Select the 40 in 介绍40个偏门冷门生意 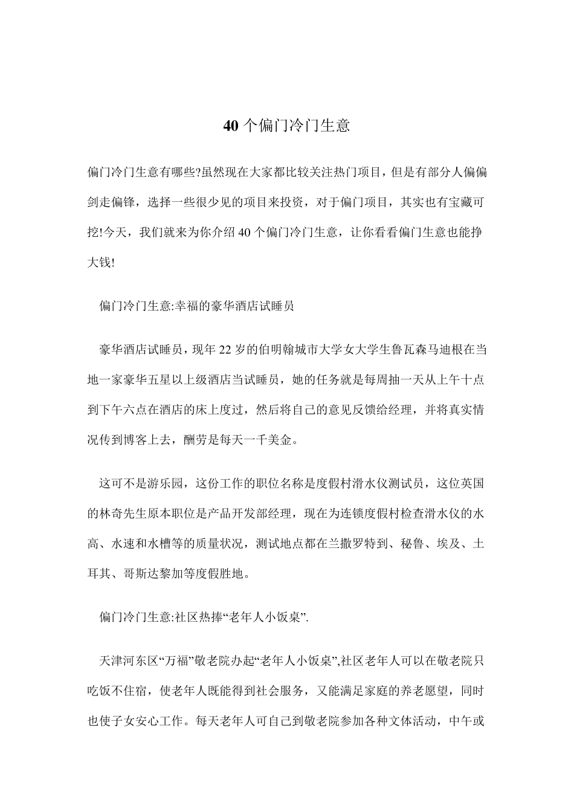point(244,233)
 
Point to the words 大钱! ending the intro point(101,263)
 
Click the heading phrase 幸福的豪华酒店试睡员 point(234,306)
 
